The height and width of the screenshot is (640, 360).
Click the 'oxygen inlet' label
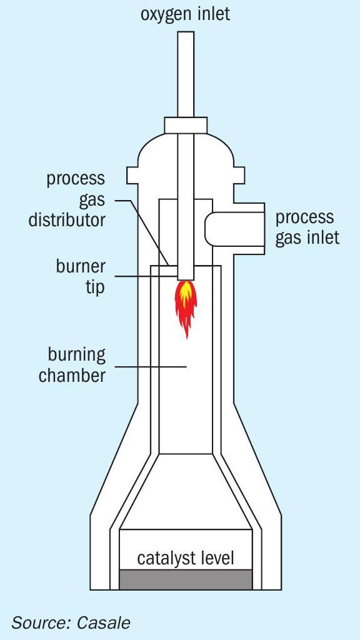185,14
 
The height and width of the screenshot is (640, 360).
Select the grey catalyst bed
186,579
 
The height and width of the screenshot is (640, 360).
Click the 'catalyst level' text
186,558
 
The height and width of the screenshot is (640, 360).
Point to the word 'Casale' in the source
104,623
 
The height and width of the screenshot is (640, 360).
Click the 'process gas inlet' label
307,227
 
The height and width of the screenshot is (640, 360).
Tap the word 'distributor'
67,221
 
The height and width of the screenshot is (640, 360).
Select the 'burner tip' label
81,277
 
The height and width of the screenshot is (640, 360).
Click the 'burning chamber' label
72,365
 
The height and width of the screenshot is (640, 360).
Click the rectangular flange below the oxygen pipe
186,125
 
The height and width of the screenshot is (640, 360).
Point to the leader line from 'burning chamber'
151,366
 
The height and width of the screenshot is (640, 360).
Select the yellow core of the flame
186,292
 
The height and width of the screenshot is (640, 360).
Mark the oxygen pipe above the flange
186,74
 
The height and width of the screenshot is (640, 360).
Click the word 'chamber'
72,375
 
